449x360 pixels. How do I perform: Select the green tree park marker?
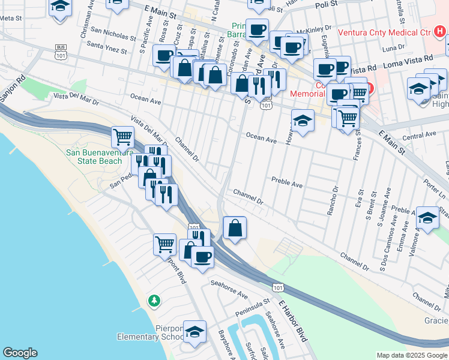(x=155, y=299)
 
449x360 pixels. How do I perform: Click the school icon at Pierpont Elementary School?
(x=194, y=332)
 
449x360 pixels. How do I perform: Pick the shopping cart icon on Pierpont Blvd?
(x=164, y=244)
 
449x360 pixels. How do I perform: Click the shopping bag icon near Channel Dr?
(x=234, y=227)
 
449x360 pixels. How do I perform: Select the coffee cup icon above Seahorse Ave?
(x=202, y=257)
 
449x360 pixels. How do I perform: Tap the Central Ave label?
(x=419, y=137)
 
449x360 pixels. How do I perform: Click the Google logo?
(x=20, y=353)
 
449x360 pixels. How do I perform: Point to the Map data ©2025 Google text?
(x=411, y=355)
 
